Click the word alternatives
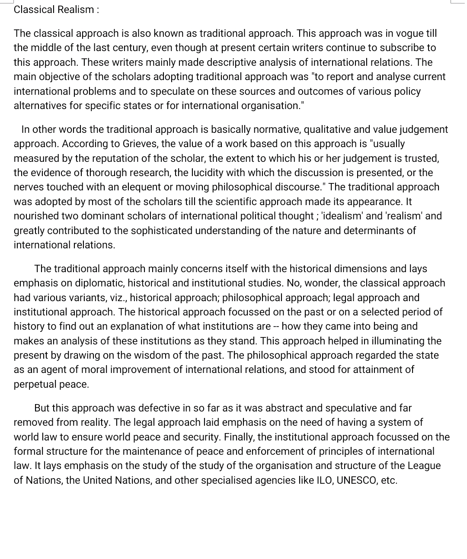tap(40, 106)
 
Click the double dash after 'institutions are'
tap(277, 326)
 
